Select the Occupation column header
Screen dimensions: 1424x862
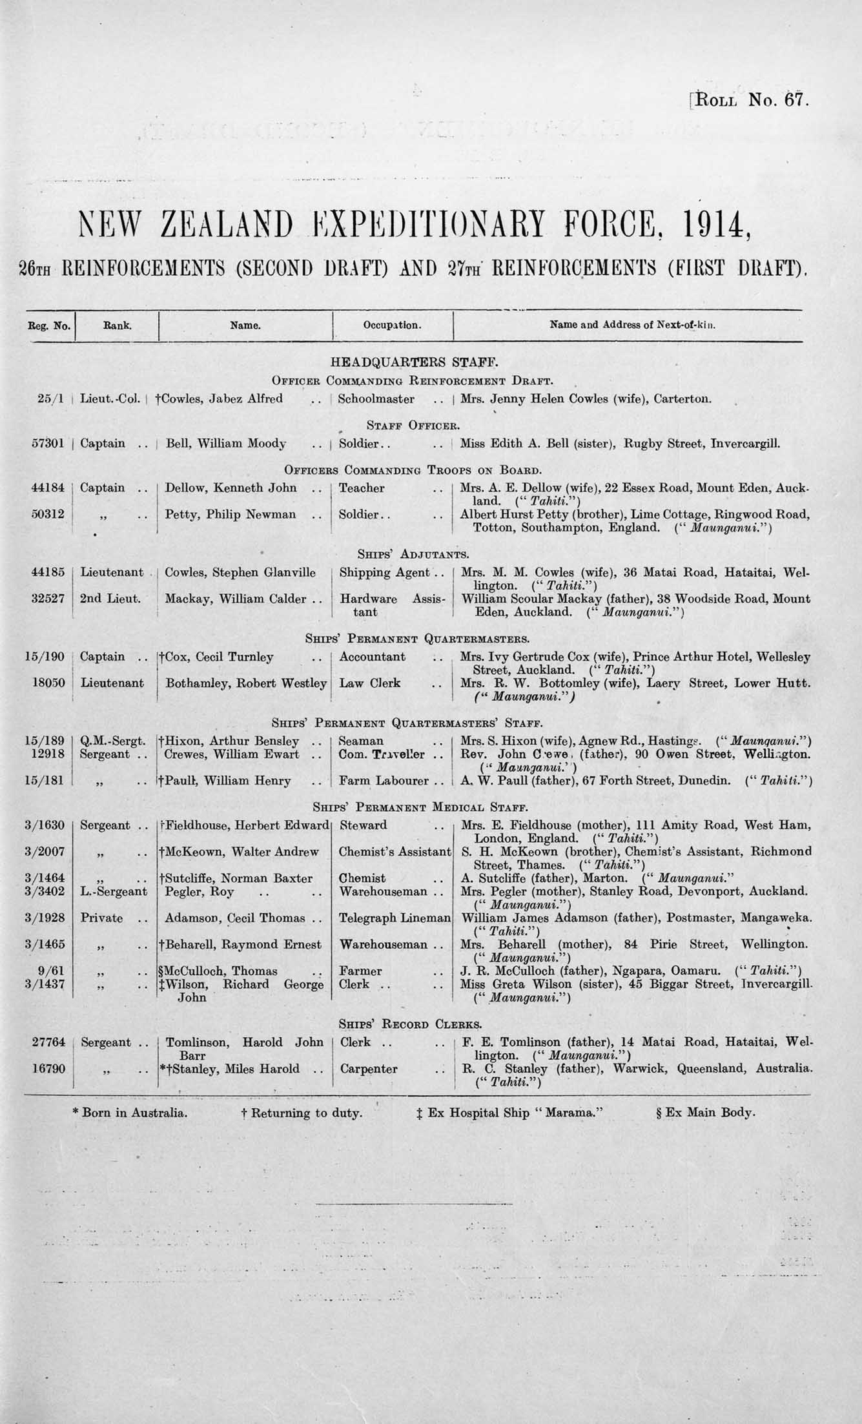pyautogui.click(x=392, y=325)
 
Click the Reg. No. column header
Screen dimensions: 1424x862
pyautogui.click(x=49, y=325)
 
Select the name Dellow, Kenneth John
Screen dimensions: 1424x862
pyautogui.click(x=231, y=488)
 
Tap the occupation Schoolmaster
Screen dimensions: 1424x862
pyautogui.click(x=376, y=398)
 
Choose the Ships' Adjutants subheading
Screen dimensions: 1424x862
pyautogui.click(x=413, y=554)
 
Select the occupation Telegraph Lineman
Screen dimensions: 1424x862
pyautogui.click(x=395, y=918)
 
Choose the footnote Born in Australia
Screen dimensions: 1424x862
pyautogui.click(x=130, y=1113)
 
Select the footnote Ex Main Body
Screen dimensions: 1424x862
pyautogui.click(x=705, y=1113)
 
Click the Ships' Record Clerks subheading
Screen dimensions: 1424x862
pyautogui.click(x=410, y=1024)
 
